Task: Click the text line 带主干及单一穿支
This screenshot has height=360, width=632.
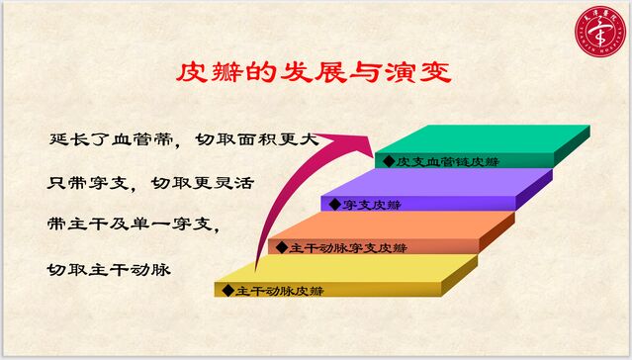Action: pyautogui.click(x=133, y=225)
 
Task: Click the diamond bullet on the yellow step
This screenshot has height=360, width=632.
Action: pyautogui.click(x=228, y=291)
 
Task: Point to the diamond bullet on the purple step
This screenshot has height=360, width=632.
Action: pyautogui.click(x=336, y=205)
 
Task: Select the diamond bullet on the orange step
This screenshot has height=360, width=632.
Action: pyautogui.click(x=283, y=247)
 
